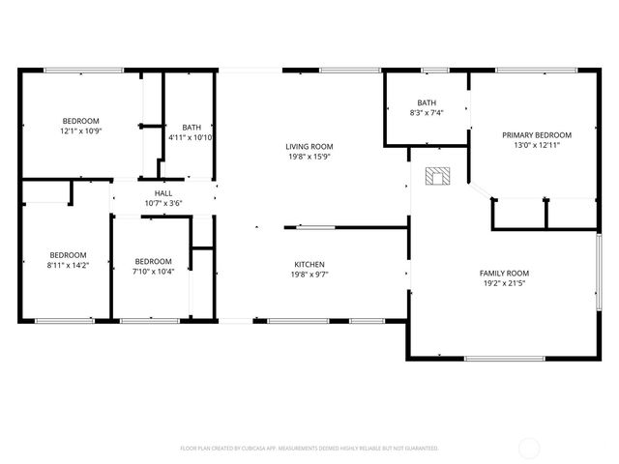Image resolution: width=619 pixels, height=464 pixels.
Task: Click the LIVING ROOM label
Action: tap(309, 146)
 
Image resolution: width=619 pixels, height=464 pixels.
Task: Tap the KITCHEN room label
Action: tap(309, 264)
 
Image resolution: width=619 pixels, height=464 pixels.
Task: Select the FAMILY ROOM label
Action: tap(505, 273)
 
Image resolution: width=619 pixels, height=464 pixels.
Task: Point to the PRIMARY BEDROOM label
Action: tap(536, 134)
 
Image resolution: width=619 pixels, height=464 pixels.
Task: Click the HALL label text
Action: tap(162, 193)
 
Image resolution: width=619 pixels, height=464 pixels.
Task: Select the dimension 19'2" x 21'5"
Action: tap(505, 283)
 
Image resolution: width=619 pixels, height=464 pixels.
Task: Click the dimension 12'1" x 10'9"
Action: tap(81, 130)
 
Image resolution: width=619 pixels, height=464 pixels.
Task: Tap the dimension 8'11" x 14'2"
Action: tap(69, 266)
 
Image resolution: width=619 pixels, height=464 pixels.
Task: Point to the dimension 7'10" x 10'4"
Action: tap(153, 272)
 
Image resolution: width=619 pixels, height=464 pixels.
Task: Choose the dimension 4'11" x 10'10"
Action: tap(192, 137)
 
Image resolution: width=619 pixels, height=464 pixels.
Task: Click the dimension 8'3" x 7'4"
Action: tap(427, 113)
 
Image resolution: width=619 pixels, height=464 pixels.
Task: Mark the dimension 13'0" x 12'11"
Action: tap(536, 145)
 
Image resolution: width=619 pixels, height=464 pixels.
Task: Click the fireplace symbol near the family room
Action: tap(439, 175)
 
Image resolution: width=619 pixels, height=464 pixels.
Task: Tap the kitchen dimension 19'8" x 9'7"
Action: tap(309, 275)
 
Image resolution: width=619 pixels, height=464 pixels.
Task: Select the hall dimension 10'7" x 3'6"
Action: tap(162, 203)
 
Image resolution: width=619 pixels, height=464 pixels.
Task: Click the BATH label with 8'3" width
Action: tap(427, 102)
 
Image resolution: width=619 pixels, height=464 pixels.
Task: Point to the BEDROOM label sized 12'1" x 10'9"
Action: tap(81, 121)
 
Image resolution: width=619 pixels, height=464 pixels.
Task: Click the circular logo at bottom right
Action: tap(530, 448)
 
